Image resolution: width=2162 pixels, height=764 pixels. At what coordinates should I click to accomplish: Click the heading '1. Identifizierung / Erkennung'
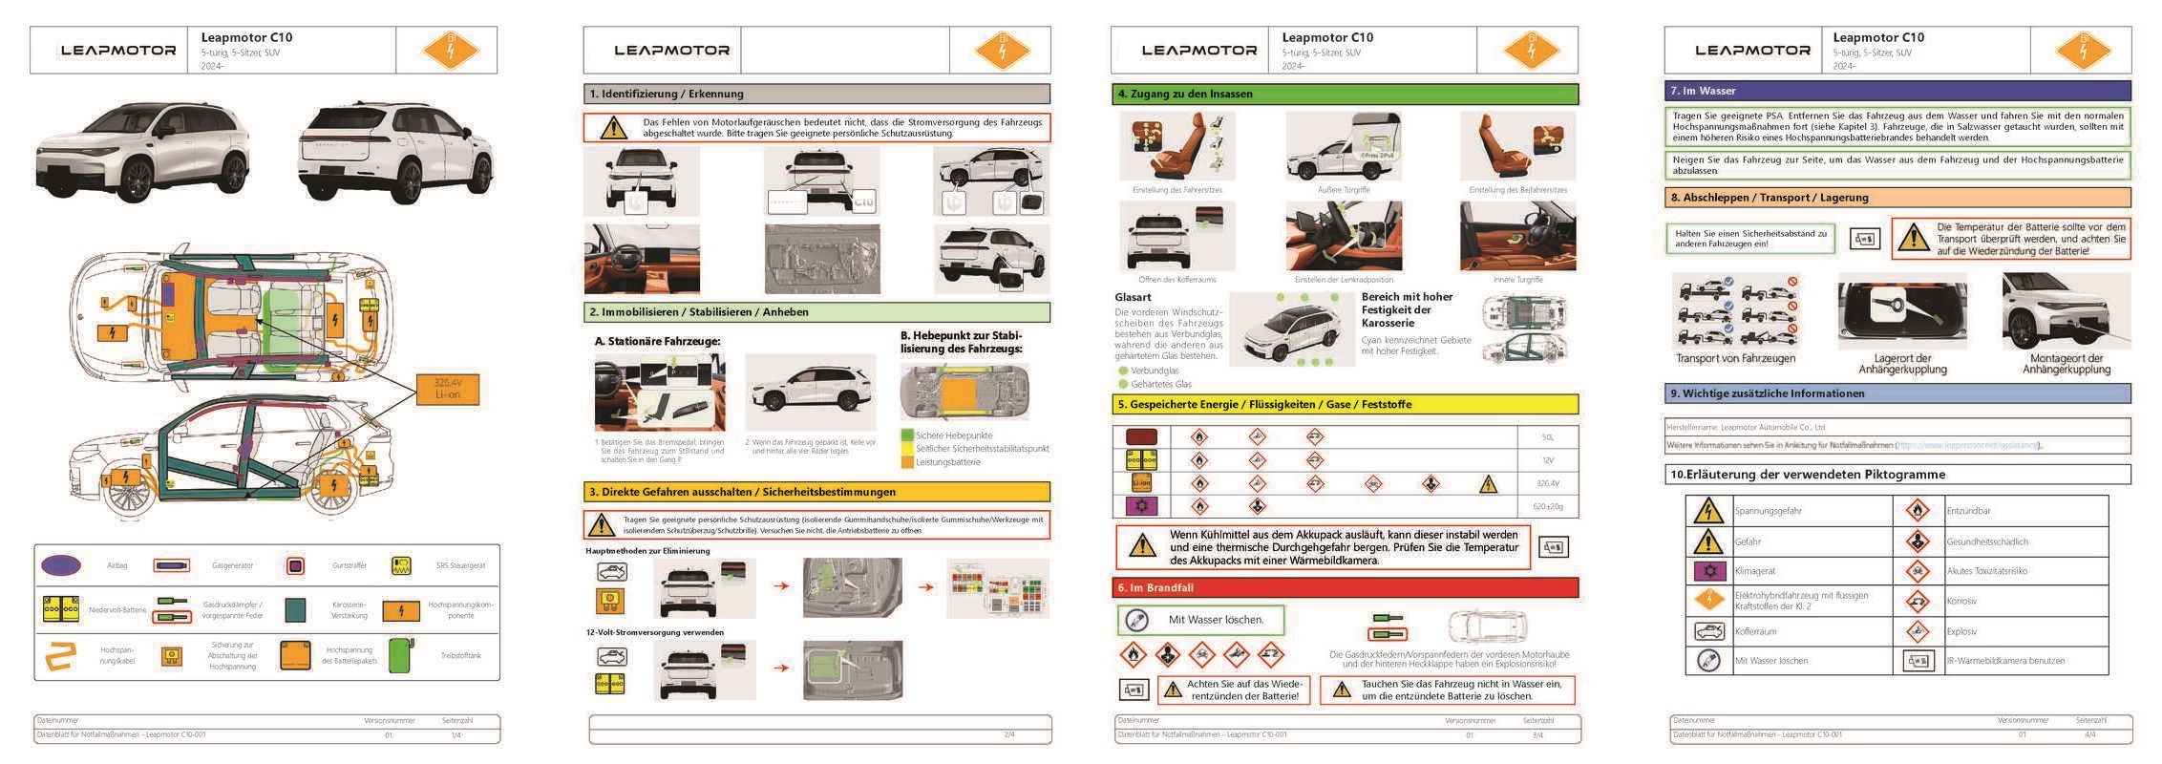[x=666, y=94]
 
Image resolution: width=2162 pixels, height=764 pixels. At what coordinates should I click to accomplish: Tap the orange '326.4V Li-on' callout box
[x=447, y=389]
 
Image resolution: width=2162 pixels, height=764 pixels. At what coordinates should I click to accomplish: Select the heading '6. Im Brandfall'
[x=1155, y=587]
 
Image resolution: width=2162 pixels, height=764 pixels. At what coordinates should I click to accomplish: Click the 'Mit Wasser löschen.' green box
[x=1201, y=620]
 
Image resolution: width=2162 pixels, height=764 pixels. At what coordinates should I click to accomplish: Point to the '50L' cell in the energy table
[x=1547, y=437]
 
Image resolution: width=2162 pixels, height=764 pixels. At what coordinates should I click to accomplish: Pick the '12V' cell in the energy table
[x=1547, y=460]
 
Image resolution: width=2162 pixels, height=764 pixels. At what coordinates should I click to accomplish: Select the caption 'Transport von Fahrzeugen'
[x=1735, y=359]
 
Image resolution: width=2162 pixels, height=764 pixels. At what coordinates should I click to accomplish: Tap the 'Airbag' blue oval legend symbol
[x=61, y=565]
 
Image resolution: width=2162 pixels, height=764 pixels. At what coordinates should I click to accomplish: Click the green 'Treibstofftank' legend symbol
[x=401, y=656]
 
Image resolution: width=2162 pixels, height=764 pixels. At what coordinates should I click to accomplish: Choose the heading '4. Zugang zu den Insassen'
[x=1185, y=94]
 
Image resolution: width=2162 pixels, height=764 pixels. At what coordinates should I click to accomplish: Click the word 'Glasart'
[x=1133, y=297]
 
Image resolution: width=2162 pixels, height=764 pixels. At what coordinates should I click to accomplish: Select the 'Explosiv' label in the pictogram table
[x=1961, y=631]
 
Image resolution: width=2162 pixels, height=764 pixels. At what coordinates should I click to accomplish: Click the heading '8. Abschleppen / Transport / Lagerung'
[x=1769, y=198]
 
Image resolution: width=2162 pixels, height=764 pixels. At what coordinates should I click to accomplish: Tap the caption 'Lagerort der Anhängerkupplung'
[x=1902, y=364]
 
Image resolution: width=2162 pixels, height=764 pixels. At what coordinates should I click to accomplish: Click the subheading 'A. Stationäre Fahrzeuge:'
[x=657, y=341]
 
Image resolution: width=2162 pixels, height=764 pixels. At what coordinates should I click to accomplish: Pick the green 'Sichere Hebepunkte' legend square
[x=907, y=435]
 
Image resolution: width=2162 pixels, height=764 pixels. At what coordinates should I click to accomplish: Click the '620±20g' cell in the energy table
[x=1547, y=506]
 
